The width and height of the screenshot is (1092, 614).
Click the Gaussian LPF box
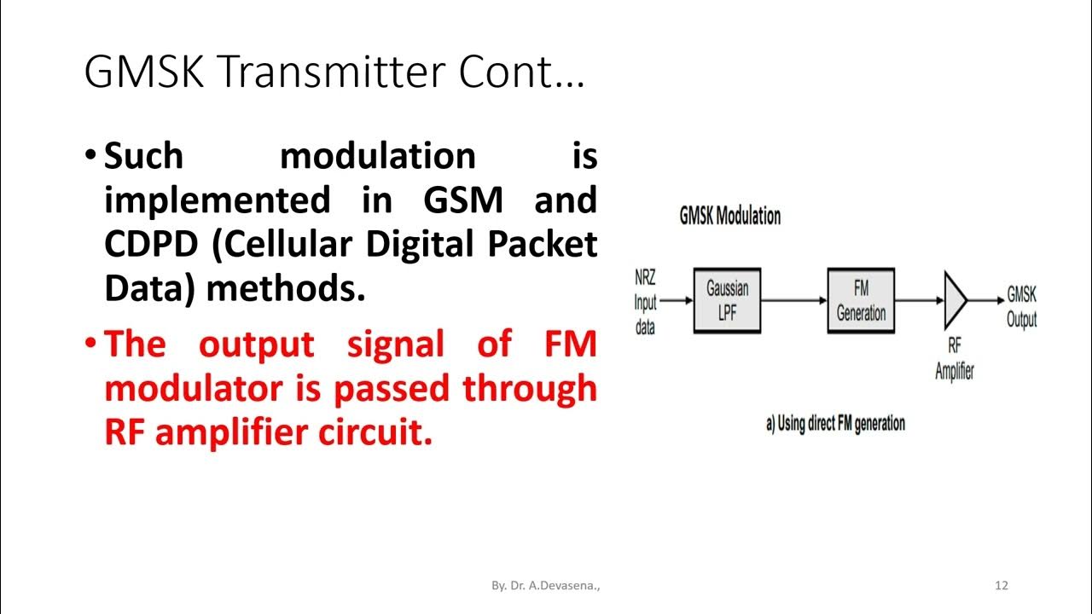tap(727, 300)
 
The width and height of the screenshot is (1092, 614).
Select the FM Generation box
tap(861, 300)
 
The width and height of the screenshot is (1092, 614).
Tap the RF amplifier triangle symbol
tap(954, 300)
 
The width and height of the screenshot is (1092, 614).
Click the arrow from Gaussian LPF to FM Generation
tap(793, 300)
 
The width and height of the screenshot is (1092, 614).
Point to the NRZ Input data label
tap(645, 302)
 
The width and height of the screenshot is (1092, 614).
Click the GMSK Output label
tap(1021, 307)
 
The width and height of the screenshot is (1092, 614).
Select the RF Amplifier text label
tap(954, 359)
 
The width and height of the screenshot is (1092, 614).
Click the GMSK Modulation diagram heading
tap(729, 216)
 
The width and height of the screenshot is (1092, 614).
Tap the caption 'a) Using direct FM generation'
tap(835, 423)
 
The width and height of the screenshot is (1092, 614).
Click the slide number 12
tap(1002, 585)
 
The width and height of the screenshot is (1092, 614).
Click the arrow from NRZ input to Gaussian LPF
tap(676, 300)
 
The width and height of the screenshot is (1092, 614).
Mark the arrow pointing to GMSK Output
tap(986, 300)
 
